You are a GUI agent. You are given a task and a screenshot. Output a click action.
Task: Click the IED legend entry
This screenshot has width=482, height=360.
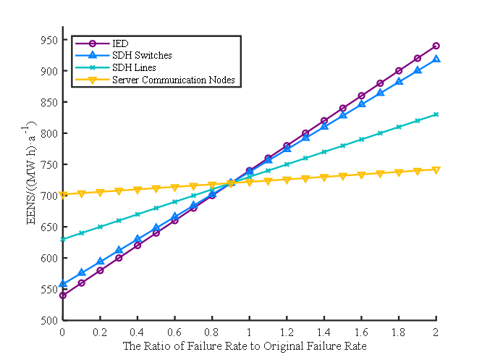point(119,44)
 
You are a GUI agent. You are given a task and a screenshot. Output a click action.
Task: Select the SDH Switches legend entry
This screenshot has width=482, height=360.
point(141,56)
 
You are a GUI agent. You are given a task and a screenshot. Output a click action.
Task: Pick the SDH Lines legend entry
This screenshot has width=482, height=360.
point(133,67)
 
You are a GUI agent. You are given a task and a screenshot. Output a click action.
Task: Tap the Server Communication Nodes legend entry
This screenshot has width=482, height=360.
point(173,79)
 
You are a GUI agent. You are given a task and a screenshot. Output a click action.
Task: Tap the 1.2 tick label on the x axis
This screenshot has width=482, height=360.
point(287,332)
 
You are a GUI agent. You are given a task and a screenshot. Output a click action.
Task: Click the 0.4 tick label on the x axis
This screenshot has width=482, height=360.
point(138,332)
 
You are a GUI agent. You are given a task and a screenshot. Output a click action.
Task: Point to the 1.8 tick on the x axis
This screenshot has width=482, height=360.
point(399,332)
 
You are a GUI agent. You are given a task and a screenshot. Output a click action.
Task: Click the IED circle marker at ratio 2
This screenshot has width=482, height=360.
point(436,46)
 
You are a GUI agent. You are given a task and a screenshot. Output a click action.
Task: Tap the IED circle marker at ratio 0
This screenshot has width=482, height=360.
point(63,295)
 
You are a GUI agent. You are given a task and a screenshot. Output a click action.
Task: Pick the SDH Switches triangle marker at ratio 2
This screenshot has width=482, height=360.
point(436,59)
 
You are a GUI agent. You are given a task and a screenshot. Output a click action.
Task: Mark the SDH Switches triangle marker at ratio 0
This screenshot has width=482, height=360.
point(63,283)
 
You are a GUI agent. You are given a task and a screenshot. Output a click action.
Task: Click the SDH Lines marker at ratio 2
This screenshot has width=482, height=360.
point(436,114)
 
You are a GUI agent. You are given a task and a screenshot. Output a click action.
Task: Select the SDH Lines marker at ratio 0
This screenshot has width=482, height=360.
point(63,239)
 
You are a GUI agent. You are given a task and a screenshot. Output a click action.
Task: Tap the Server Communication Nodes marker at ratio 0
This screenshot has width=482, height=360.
point(63,195)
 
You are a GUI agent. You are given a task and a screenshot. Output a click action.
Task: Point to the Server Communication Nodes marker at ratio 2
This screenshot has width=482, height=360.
point(436,170)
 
